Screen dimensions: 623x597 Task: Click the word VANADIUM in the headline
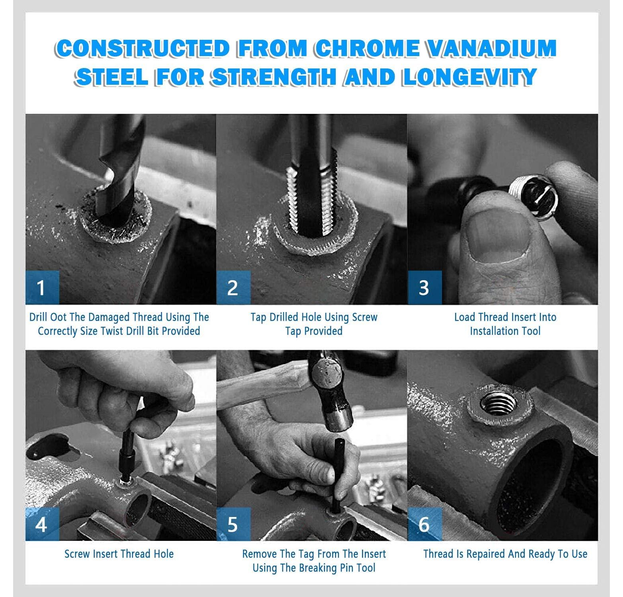pyautogui.click(x=489, y=48)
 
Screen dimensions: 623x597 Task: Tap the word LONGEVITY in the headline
pyautogui.click(x=469, y=76)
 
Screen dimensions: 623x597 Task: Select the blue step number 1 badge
pyautogui.click(x=42, y=287)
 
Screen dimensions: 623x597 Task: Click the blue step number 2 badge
pyautogui.click(x=233, y=287)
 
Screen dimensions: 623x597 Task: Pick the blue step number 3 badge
pyautogui.click(x=424, y=287)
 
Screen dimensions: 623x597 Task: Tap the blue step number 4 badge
pyautogui.click(x=42, y=524)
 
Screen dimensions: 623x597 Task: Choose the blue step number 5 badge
pyautogui.click(x=233, y=524)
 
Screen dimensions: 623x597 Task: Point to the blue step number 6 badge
pyautogui.click(x=424, y=524)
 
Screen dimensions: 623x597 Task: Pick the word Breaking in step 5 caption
pyautogui.click(x=318, y=568)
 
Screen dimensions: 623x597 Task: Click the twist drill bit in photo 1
pyautogui.click(x=119, y=171)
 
